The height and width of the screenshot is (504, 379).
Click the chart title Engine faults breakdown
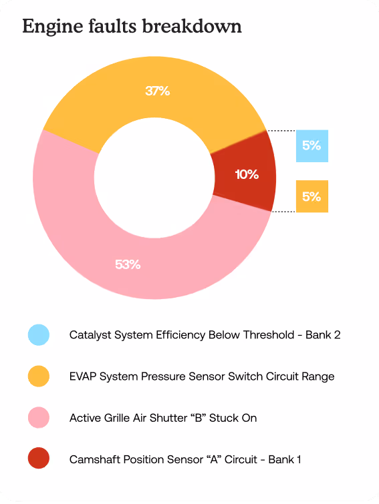[132, 27]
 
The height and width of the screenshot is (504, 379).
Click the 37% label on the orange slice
[158, 91]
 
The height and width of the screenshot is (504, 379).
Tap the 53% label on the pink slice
[128, 264]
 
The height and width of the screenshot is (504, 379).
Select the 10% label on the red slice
[247, 174]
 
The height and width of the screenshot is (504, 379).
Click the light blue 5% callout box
[312, 146]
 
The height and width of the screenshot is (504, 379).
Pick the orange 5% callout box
[312, 197]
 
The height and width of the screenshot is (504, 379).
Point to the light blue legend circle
[39, 335]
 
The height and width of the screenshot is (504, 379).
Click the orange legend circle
[39, 376]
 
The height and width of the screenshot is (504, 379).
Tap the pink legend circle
[39, 418]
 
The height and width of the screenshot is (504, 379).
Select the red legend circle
[39, 459]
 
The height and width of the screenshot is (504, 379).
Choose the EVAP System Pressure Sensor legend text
[201, 376]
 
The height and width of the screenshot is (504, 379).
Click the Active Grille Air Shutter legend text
[162, 418]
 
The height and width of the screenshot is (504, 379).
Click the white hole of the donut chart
[154, 177]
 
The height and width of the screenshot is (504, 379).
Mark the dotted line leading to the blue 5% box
[281, 130]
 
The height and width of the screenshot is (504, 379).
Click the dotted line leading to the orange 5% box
[283, 212]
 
